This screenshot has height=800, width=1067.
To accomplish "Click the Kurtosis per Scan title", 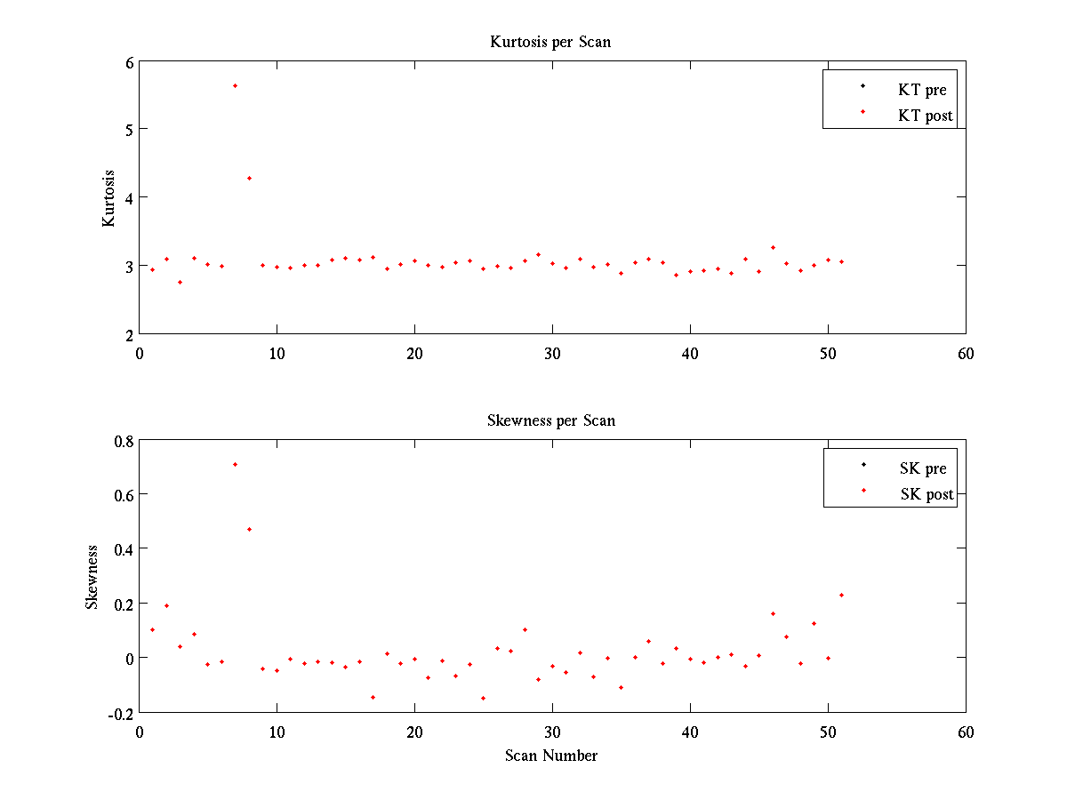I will click(550, 42).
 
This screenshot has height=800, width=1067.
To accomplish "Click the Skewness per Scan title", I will click(550, 420).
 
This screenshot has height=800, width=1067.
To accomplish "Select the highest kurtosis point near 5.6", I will click(235, 85).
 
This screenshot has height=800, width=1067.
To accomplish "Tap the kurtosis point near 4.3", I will click(249, 178).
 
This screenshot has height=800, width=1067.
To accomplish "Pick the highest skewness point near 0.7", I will click(235, 464).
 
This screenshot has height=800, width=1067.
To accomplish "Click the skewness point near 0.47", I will click(249, 529).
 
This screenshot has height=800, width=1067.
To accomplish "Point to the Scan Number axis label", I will click(551, 756).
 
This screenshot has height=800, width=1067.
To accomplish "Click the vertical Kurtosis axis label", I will click(108, 197).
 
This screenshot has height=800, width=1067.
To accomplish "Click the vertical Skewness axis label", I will click(92, 577).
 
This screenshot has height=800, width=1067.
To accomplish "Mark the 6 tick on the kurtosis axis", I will click(129, 62).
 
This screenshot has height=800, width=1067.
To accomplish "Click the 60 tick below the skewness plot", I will click(966, 732).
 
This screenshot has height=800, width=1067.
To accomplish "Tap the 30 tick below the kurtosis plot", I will click(552, 353).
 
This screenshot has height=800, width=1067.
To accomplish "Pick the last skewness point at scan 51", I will click(841, 595).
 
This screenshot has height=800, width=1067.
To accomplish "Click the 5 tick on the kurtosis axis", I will click(129, 130).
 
